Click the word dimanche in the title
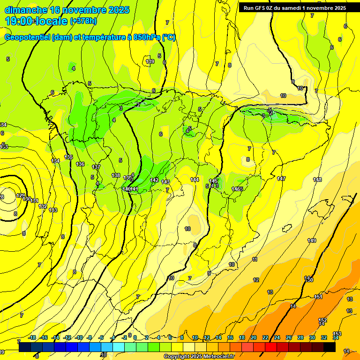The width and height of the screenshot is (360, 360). [25, 10]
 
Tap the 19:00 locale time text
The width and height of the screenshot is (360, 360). [36, 21]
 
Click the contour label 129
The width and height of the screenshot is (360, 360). [20, 195]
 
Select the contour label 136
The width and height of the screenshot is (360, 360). [80, 164]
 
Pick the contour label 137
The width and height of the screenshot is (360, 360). [96, 167]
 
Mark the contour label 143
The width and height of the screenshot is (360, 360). [165, 182]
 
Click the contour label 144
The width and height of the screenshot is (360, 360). [195, 180]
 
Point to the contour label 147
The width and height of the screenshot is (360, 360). [281, 179]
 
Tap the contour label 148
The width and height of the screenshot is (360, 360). [317, 180]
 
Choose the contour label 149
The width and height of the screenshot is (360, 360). [312, 240]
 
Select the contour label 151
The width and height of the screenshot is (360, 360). [318, 297]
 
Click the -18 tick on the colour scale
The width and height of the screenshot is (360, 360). [32, 337]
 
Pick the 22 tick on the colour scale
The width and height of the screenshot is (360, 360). [265, 337]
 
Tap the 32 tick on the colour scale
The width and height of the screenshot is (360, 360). [324, 337]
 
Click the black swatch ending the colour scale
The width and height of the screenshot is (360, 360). [330, 347]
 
